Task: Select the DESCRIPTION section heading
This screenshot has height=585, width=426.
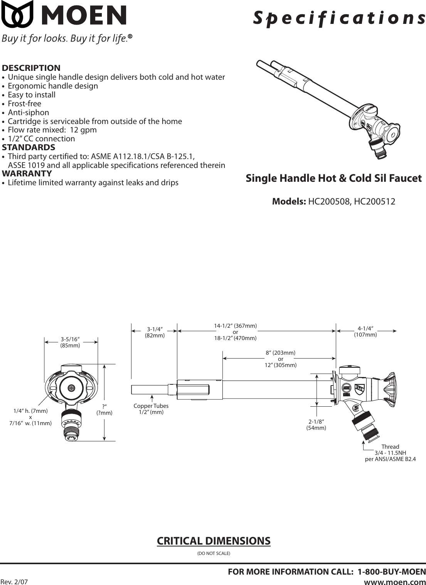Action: click(31, 68)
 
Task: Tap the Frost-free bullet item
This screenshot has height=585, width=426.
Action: click(24, 104)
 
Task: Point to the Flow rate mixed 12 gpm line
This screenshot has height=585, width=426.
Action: click(52, 130)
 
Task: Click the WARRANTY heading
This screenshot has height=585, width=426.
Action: click(27, 174)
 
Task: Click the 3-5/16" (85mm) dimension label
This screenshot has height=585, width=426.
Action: click(70, 342)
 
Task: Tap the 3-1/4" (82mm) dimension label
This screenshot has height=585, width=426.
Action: click(155, 332)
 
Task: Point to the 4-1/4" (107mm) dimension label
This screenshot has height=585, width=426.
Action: click(365, 332)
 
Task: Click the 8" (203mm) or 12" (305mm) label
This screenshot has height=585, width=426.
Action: click(280, 359)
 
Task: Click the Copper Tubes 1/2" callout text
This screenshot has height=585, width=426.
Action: click(151, 409)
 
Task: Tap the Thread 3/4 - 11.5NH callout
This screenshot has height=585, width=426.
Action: click(390, 453)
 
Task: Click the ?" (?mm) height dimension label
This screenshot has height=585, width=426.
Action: click(104, 410)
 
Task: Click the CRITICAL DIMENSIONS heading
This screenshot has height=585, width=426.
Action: click(214, 541)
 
